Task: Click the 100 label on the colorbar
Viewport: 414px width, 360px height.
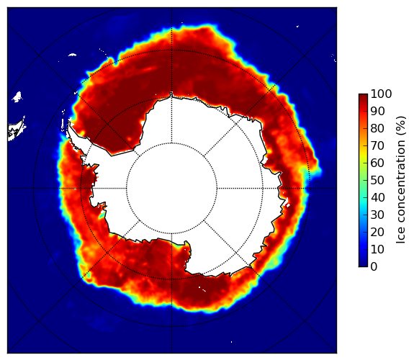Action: (381, 94)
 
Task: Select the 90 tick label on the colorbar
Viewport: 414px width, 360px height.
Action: (377, 111)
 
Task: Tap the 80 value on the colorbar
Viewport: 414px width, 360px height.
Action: (377, 129)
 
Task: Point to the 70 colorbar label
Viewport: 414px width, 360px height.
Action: (377, 145)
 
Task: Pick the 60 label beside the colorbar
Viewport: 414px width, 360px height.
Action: (377, 163)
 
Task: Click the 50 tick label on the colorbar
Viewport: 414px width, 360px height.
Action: (377, 181)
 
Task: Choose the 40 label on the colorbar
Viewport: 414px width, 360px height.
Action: (377, 197)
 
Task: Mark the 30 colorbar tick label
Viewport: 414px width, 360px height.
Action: (377, 215)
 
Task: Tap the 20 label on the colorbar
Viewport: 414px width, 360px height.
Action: (377, 232)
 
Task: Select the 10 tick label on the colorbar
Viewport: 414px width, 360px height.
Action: (377, 249)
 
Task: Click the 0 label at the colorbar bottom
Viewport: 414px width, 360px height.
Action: (374, 267)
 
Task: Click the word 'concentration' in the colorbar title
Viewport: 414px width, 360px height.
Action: (401, 184)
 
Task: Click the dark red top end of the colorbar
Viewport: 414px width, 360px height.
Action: (363, 96)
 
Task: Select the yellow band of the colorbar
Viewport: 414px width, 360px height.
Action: (363, 156)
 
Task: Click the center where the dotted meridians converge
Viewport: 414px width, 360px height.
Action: (171, 189)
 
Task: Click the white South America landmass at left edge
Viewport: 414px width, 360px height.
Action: (16, 130)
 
